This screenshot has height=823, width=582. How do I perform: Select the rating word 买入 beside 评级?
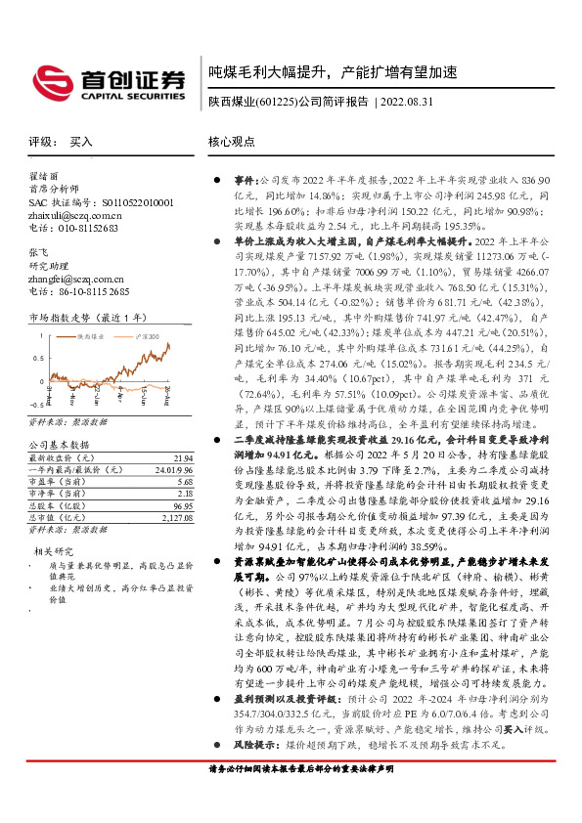pos(81,142)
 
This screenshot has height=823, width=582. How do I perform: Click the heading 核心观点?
pos(232,142)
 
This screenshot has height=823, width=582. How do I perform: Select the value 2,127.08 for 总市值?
pos(178,491)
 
